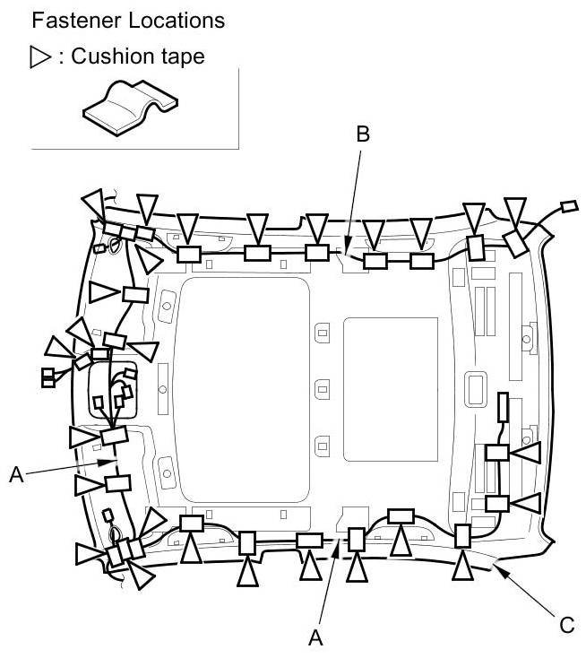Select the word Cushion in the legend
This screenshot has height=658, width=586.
[109, 56]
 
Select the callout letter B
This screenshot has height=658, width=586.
[362, 135]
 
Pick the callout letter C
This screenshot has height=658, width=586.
[567, 624]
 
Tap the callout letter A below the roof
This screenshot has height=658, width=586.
[315, 636]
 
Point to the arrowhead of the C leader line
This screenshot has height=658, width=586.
[498, 566]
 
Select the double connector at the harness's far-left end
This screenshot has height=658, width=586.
[48, 377]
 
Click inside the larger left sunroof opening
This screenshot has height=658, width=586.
[243, 390]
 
